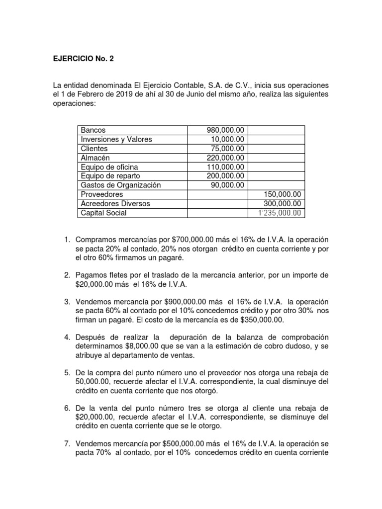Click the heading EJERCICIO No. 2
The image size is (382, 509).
(x=80, y=59)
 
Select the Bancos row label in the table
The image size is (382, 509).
(x=93, y=130)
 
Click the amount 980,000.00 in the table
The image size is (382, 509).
(x=225, y=130)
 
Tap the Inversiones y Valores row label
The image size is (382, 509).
(x=116, y=139)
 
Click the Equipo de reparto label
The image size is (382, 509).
(x=110, y=176)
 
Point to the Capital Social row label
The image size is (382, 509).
(x=103, y=213)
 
